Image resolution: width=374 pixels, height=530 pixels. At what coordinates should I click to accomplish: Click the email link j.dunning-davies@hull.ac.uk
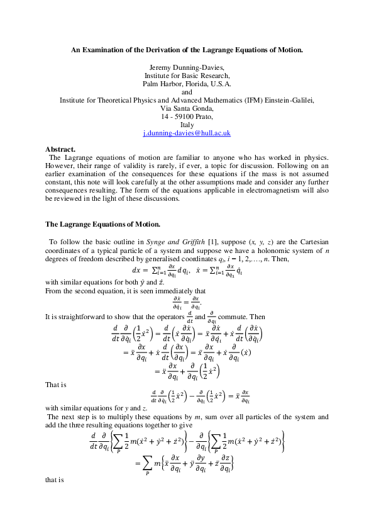coord(187,133)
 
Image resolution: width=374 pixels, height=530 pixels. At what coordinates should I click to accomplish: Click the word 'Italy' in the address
coord(187,125)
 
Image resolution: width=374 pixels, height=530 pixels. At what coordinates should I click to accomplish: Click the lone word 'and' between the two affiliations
coord(187,91)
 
